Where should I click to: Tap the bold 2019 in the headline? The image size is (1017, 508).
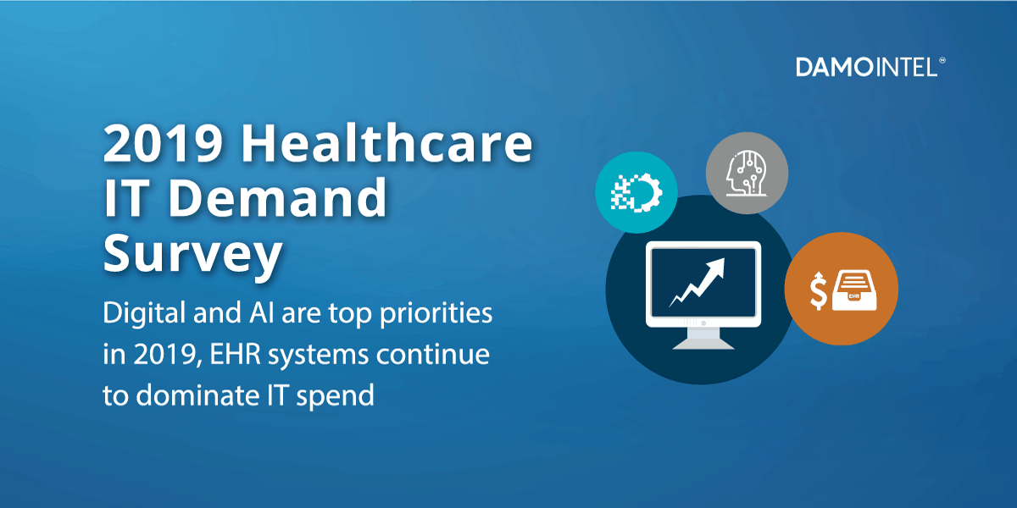[x=163, y=143]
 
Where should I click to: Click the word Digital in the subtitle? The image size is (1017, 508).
[x=144, y=314]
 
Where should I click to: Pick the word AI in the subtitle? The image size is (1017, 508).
[x=261, y=312]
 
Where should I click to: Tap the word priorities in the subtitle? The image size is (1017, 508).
[x=436, y=314]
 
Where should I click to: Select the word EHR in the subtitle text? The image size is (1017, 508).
[x=236, y=354]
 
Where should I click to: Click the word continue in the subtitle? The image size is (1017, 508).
[x=433, y=354]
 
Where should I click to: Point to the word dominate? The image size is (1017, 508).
[x=198, y=395]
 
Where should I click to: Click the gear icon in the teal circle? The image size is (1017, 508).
[x=636, y=193]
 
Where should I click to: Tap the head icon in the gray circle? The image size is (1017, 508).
[x=747, y=174]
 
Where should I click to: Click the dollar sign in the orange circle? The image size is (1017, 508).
[x=818, y=291]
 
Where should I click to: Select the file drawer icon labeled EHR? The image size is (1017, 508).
[x=854, y=290]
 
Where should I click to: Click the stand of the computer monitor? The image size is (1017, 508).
[x=703, y=338]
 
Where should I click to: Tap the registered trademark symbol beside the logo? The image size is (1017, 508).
[x=942, y=60]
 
